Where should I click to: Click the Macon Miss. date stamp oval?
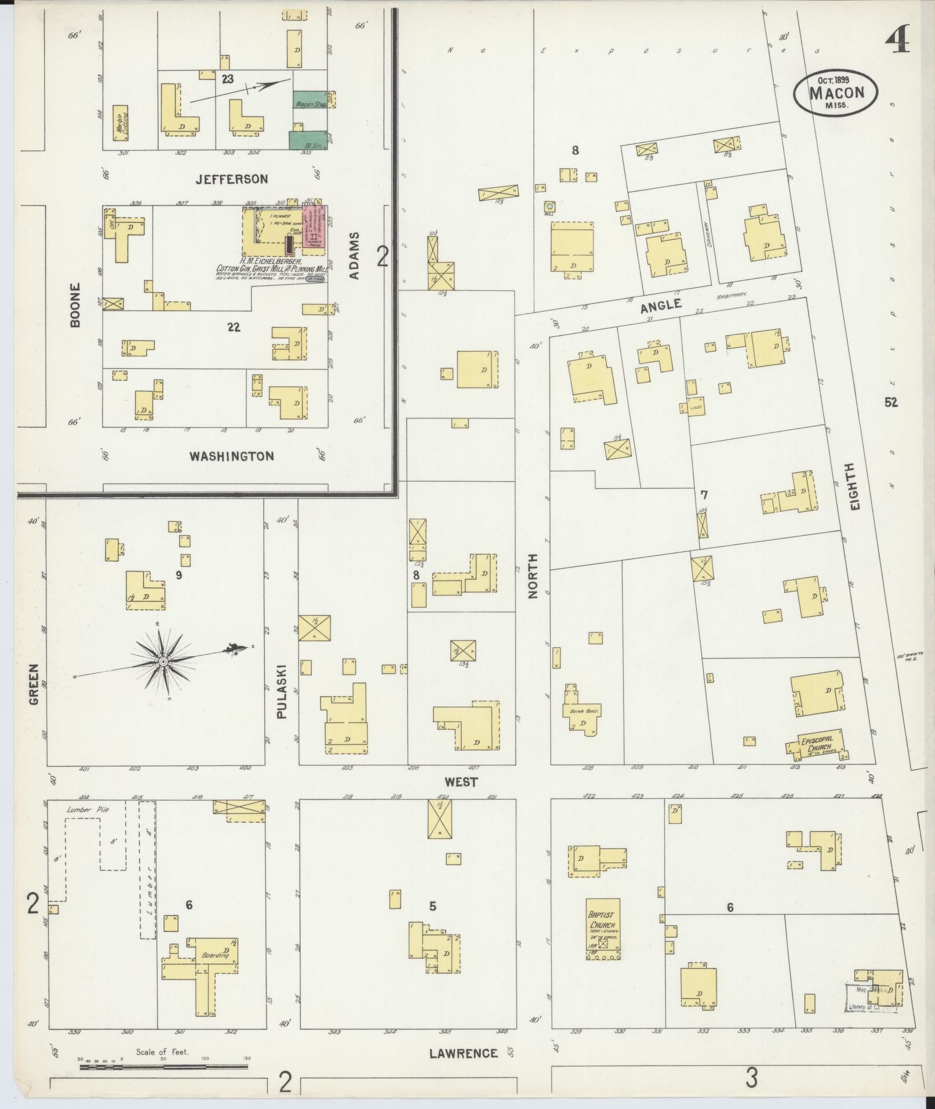836,92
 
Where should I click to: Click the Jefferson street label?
231,179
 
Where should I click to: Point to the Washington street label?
232,456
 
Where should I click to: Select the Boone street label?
75,305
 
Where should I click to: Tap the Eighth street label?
854,486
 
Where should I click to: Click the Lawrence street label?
463,1053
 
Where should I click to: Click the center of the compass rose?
163,661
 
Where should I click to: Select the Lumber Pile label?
88,810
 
